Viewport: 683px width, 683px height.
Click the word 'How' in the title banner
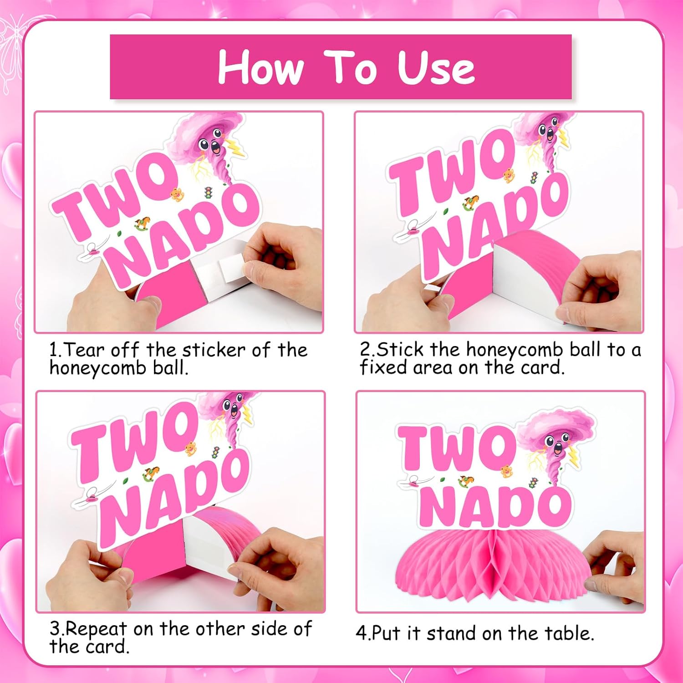point(260,68)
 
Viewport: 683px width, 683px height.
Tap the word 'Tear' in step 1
point(84,350)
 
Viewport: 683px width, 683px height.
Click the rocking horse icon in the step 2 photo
point(470,203)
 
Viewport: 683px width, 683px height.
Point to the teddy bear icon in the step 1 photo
point(177,194)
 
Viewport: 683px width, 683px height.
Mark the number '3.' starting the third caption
point(56,629)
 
